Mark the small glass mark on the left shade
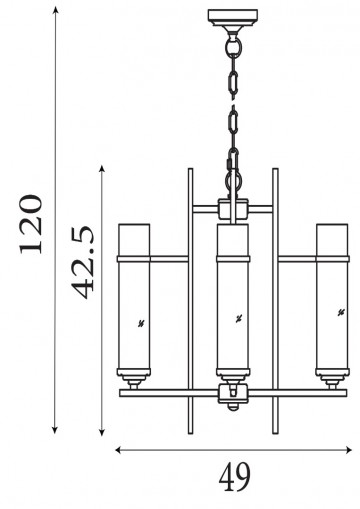pyautogui.click(x=141, y=322)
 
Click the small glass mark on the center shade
pyautogui.click(x=237, y=320)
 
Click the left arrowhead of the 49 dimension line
pyautogui.click(x=117, y=449)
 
